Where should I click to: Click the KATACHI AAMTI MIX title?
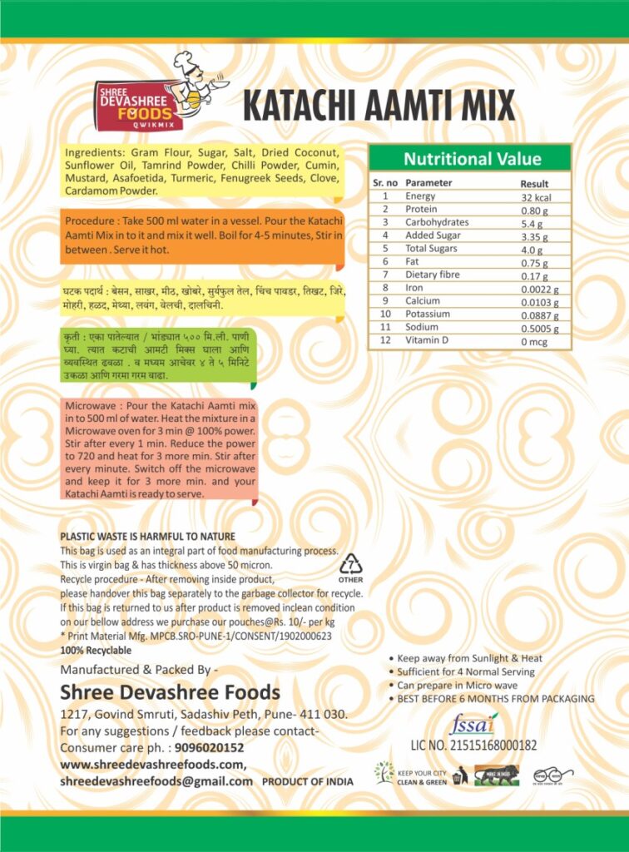379,106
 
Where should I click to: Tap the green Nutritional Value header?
471,159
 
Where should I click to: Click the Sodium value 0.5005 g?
541,328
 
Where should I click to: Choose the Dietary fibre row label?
433,275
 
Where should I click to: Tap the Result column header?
534,183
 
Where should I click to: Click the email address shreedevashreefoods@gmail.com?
156,781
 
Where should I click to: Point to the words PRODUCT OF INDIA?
308,782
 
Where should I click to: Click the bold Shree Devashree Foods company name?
170,692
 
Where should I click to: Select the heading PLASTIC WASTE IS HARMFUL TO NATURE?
148,536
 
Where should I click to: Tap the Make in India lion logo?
496,775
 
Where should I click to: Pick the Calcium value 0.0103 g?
539,301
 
